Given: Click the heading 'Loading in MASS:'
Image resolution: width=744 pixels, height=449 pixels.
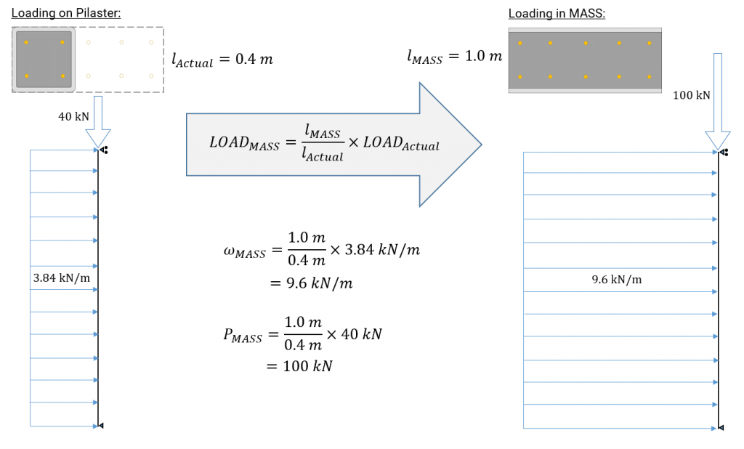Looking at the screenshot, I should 556,14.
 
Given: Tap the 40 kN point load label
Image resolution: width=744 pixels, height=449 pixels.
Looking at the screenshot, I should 73,116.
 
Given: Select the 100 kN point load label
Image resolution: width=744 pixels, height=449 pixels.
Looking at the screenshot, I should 691,95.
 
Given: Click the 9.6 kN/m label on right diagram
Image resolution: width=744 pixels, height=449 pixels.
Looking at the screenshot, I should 617,280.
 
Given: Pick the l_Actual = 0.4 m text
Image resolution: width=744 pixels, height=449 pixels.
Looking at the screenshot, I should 222,60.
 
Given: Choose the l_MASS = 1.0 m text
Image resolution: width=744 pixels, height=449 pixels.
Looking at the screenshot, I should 454,57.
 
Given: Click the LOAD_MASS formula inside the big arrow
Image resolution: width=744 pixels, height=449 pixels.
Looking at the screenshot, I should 324,142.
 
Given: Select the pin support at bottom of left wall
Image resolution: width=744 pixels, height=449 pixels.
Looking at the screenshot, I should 101,426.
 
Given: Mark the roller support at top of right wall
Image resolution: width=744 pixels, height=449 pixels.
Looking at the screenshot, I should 724,153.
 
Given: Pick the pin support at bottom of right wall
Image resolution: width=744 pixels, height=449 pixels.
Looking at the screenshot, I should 721,428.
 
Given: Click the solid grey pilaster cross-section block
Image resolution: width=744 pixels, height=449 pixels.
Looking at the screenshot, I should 44,60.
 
